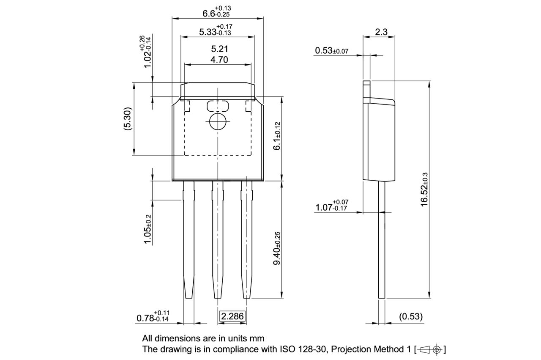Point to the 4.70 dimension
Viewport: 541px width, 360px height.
click(x=219, y=60)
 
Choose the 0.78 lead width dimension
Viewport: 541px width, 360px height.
click(x=153, y=316)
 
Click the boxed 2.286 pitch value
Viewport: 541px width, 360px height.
click(x=232, y=316)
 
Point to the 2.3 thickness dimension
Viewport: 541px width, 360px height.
click(x=381, y=31)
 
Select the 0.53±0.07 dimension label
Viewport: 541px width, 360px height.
click(x=331, y=51)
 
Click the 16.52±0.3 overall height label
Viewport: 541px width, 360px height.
click(x=425, y=189)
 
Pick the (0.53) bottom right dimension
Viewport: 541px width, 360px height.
click(x=410, y=316)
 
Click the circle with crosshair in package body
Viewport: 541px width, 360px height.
click(x=218, y=122)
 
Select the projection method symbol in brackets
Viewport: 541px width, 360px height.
click(x=430, y=349)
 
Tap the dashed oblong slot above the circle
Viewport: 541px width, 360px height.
click(x=218, y=105)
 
